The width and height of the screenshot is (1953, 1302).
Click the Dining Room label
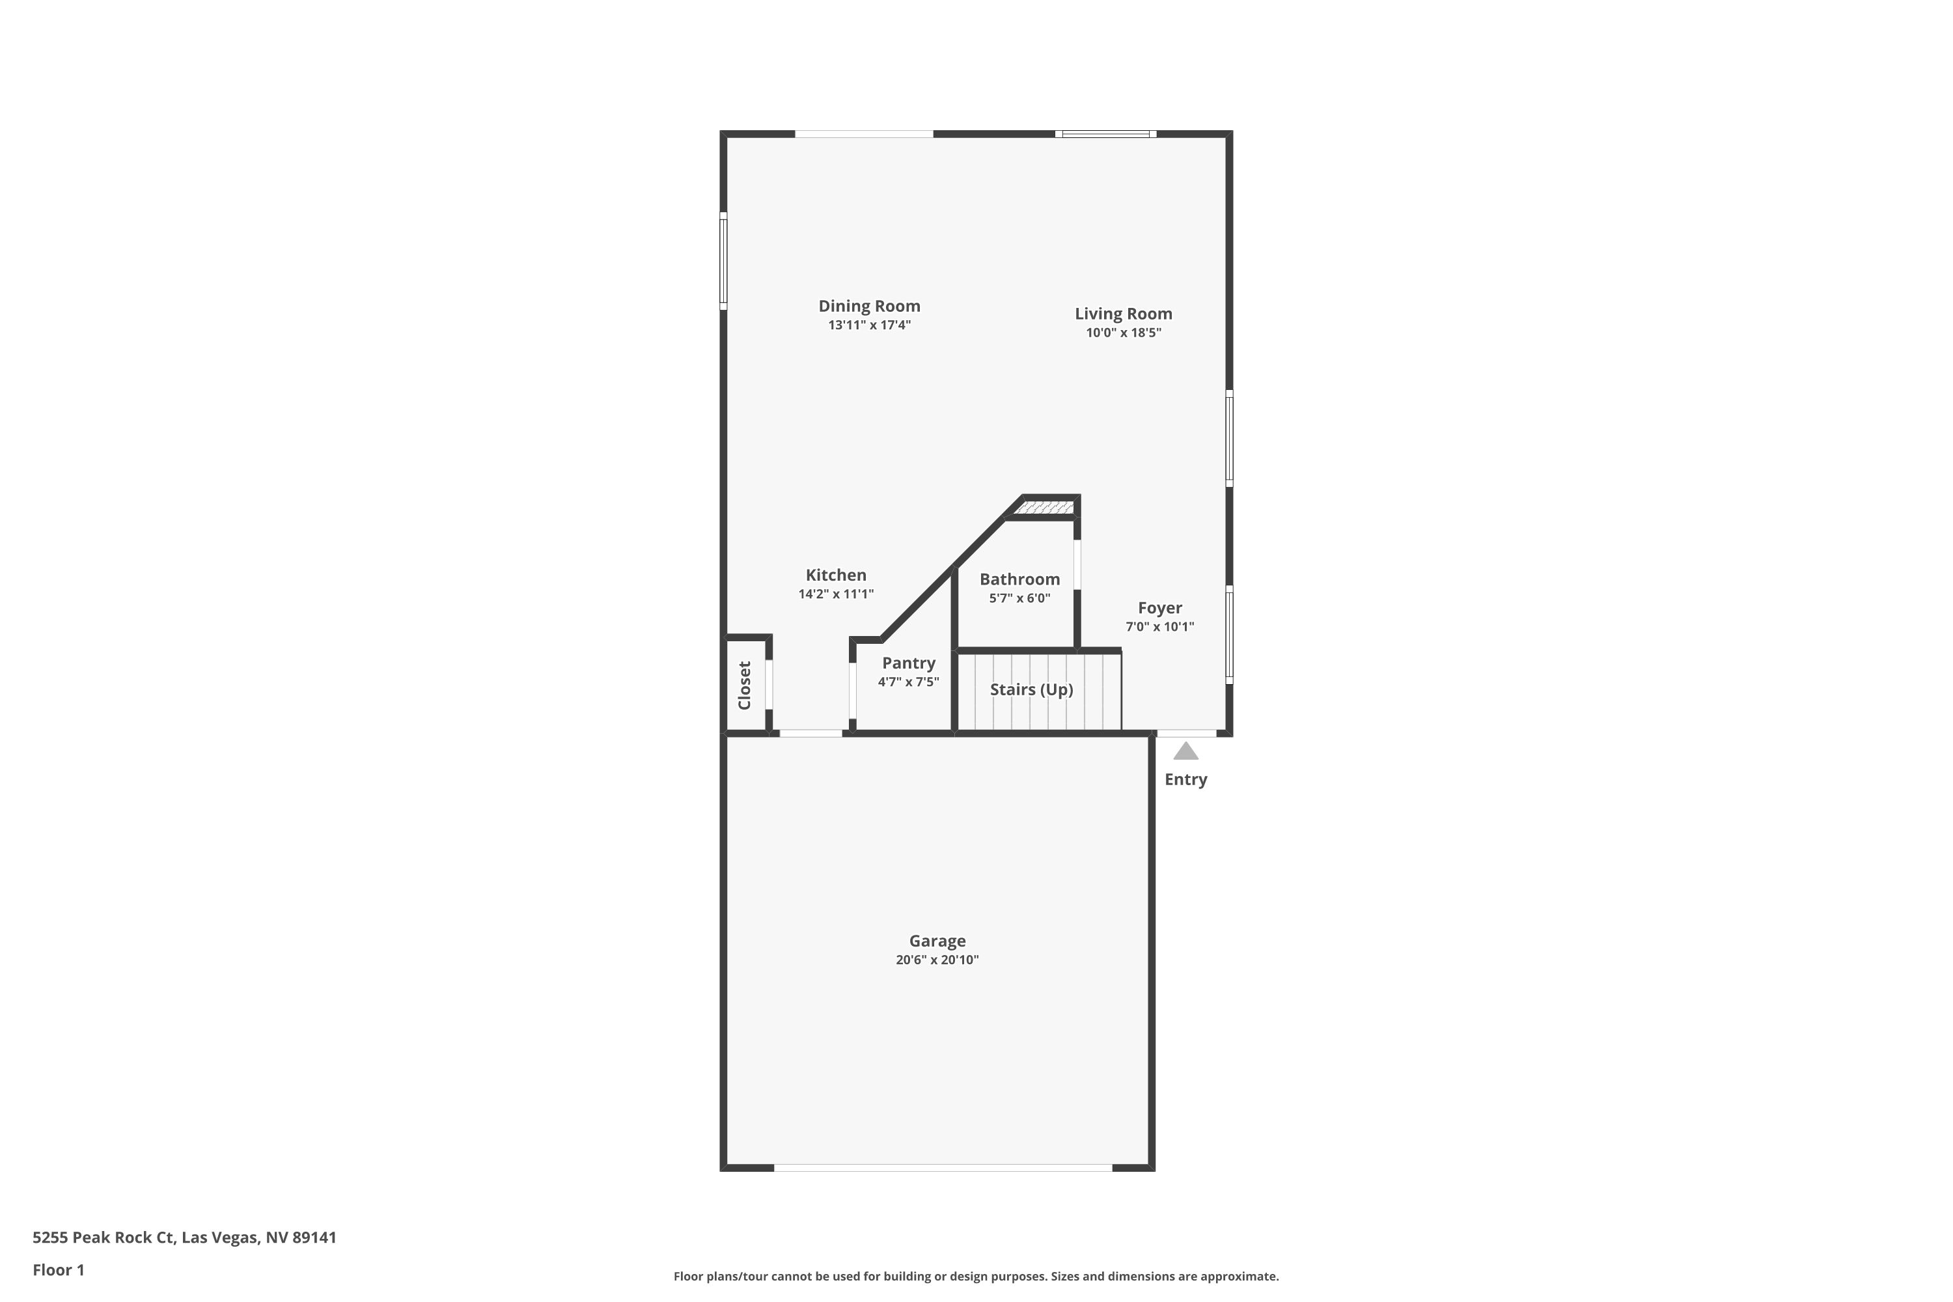pos(869,307)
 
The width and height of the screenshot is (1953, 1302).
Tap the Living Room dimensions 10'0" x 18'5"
pos(1124,333)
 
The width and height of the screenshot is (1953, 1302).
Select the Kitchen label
pos(836,575)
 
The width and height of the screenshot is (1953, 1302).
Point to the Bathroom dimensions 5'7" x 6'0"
pos(1019,598)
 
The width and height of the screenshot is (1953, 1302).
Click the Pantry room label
pos(908,663)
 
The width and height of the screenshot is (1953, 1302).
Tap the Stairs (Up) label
pos(1031,690)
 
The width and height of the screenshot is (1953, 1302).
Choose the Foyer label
pos(1160,608)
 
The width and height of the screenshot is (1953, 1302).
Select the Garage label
pos(937,941)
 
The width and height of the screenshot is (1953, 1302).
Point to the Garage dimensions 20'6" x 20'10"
pos(937,960)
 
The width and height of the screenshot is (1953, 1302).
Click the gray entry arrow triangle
pos(1185,751)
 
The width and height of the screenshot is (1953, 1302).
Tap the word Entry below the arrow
pos(1185,780)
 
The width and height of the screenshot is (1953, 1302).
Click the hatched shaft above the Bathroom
pos(1045,506)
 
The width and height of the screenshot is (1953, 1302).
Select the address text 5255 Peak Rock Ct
pos(103,1238)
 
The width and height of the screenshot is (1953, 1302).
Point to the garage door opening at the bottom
pos(943,1167)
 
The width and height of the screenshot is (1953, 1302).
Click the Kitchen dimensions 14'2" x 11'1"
pos(836,594)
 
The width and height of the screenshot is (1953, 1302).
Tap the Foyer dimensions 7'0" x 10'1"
pos(1160,627)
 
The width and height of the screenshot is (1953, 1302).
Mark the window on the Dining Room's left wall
pos(723,261)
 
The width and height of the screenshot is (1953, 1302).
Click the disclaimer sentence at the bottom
pos(976,1276)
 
